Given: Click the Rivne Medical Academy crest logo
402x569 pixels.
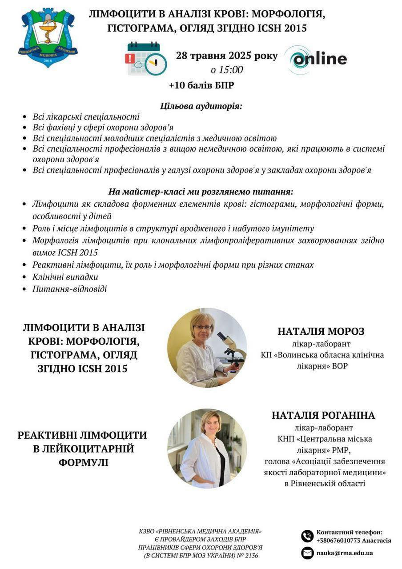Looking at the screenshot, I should (x=48, y=37).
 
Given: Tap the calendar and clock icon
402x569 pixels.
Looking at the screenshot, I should (x=146, y=59).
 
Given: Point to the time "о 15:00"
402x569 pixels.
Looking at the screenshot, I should (x=227, y=70).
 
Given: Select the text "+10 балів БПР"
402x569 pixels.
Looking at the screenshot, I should (x=201, y=85).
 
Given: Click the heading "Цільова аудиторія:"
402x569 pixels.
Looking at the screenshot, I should (x=201, y=107).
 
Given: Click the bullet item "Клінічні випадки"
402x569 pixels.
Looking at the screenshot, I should (x=65, y=277).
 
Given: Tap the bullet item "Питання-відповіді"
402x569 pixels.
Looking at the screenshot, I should (x=70, y=289).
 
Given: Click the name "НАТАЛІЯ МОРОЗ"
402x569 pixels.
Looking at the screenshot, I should (x=321, y=332).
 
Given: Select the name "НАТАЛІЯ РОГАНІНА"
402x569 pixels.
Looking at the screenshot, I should (x=324, y=415).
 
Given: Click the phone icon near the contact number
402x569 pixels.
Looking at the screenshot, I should (x=307, y=536).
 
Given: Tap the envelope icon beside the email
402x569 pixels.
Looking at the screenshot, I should (x=307, y=553).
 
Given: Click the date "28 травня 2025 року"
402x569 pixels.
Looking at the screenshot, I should (x=227, y=56).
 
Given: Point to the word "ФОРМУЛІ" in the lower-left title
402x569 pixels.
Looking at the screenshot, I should (x=83, y=462).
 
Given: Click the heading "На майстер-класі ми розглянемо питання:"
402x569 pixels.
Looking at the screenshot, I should (x=201, y=192).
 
